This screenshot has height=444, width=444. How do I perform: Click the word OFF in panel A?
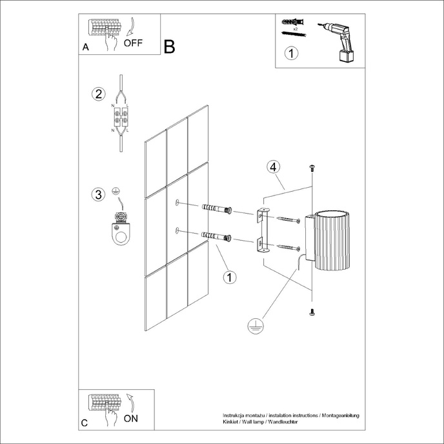tap(132, 44)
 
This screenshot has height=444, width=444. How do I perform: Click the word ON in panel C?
tap(130, 418)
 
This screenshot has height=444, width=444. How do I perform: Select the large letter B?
tap(169, 46)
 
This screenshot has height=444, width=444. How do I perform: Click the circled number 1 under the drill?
tap(292, 54)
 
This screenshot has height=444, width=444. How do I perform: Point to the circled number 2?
tap(98, 94)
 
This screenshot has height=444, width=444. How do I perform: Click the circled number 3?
tap(98, 194)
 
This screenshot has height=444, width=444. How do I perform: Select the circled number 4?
tap(274, 167)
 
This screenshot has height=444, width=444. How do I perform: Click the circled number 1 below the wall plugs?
tap(228, 277)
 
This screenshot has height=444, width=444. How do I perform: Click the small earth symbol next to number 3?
tap(116, 191)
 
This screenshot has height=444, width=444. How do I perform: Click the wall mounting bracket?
tap(261, 228)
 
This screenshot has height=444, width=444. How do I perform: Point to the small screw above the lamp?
tap(312, 168)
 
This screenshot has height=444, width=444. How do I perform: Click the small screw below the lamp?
tap(312, 312)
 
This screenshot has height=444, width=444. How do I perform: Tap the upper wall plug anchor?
tap(217, 209)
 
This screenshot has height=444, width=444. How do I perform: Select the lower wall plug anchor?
tap(217, 236)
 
